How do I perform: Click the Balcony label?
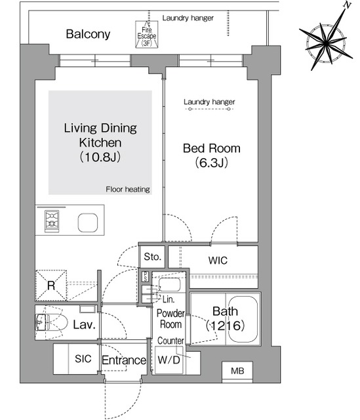pyautogui.click(x=89, y=34)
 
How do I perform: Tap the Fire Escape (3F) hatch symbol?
pyautogui.click(x=146, y=33)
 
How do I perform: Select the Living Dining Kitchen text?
pyautogui.click(x=100, y=135)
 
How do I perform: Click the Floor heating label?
pyautogui.click(x=128, y=190)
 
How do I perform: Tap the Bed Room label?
pyautogui.click(x=211, y=148)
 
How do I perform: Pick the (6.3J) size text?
pyautogui.click(x=211, y=163)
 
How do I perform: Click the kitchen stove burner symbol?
pyautogui.click(x=52, y=222)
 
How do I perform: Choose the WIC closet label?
pyautogui.click(x=218, y=261)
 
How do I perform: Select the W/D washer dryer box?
pyautogui.click(x=169, y=360)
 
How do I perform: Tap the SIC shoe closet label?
pyautogui.click(x=83, y=360)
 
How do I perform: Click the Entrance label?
pyautogui.click(x=123, y=360)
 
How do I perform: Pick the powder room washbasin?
pyautogui.click(x=170, y=285)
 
